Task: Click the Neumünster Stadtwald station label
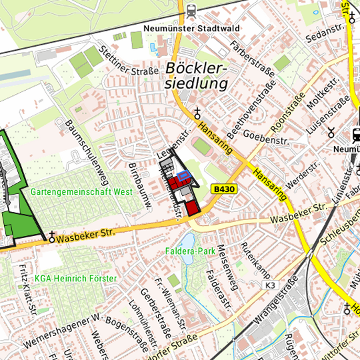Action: coord(191,29)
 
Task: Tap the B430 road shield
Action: coord(224,190)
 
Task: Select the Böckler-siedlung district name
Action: coord(196,76)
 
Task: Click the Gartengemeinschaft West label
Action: coord(81,191)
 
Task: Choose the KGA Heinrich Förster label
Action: coord(76,278)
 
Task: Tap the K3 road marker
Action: coord(270,285)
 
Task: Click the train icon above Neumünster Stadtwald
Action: coord(192,11)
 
